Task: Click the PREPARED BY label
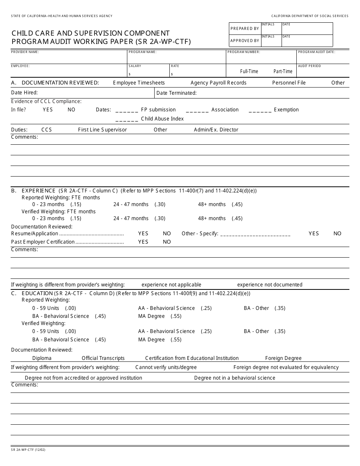[244, 28]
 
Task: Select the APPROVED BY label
[244, 41]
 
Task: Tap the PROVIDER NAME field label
[25, 52]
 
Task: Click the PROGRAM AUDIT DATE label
[316, 52]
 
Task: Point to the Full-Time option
[249, 71]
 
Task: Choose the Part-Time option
[283, 71]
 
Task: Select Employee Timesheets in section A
[139, 83]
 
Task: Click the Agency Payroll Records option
[218, 83]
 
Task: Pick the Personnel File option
[289, 83]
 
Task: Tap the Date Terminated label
[176, 93]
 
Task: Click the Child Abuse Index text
[162, 119]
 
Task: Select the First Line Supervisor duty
[102, 130]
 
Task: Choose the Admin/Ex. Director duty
[216, 130]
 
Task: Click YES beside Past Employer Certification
[143, 242]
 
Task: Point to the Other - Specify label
[200, 233]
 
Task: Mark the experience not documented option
[269, 285]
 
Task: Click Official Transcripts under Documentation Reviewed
[103, 358]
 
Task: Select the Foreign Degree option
[283, 358]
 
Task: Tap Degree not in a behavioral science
[235, 378]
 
